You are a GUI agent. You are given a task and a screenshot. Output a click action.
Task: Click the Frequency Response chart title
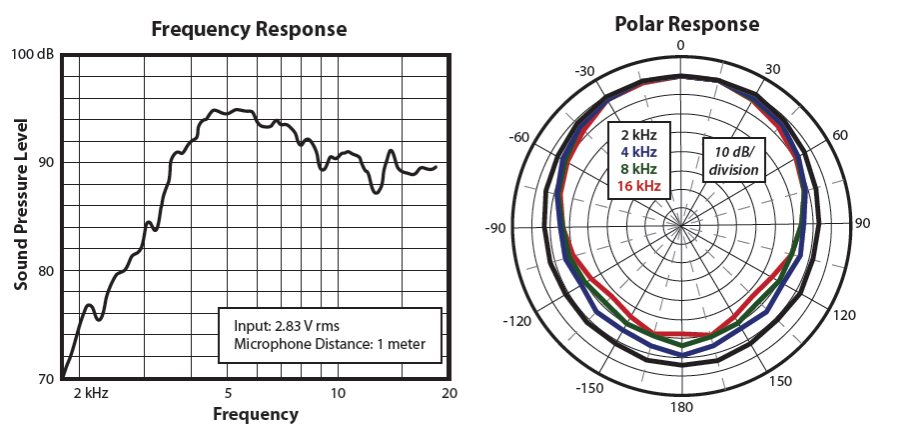[x=249, y=29]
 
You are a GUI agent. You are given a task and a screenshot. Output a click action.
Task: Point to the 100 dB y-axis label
[x=34, y=54]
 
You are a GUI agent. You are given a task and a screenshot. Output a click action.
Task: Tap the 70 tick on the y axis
[x=45, y=378]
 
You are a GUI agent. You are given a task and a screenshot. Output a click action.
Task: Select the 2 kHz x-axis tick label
[x=90, y=393]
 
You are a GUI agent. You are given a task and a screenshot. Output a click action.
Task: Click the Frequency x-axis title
[x=256, y=413]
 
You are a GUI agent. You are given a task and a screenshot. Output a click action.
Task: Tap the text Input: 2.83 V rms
[x=289, y=325]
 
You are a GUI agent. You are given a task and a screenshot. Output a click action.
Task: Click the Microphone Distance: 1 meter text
[x=330, y=344]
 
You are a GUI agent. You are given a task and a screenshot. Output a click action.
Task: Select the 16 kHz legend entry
[x=638, y=186]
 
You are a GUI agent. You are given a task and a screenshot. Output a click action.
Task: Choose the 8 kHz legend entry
[x=638, y=169]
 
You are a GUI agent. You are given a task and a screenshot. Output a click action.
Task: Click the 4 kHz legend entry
[x=638, y=151]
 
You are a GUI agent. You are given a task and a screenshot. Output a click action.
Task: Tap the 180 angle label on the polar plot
[x=681, y=408]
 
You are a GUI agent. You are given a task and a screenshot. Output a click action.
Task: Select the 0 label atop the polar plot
[x=681, y=46]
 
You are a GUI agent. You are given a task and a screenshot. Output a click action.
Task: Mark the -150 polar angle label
[x=591, y=387]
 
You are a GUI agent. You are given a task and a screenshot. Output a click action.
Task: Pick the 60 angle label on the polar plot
[x=840, y=136]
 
